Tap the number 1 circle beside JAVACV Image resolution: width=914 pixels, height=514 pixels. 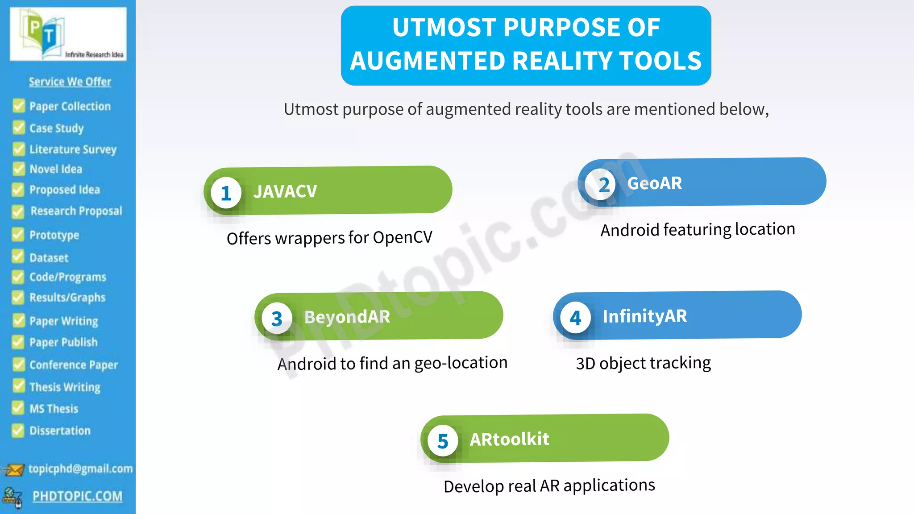point(226,193)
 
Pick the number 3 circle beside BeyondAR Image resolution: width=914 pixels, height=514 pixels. point(277,319)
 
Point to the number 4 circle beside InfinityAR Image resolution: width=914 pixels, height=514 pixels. point(575,318)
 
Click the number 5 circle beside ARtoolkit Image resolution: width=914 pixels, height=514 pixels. point(442,441)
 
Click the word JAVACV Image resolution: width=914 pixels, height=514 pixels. point(285,191)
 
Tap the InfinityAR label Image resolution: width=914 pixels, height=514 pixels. point(644,316)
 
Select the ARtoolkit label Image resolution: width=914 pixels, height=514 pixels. point(509,439)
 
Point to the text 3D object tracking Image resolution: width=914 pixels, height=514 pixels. point(643,363)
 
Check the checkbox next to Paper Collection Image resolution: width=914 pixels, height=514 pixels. point(19,106)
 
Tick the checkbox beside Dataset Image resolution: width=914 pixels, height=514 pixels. point(18,257)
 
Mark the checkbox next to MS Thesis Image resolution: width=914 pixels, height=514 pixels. point(18,408)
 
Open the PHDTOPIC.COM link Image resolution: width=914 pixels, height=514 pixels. point(77,496)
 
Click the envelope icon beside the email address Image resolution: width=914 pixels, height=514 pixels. point(13,470)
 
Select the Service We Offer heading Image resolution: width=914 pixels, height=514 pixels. point(70,82)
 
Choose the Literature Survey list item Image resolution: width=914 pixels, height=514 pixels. point(73,149)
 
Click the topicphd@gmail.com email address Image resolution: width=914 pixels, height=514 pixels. point(80,468)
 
